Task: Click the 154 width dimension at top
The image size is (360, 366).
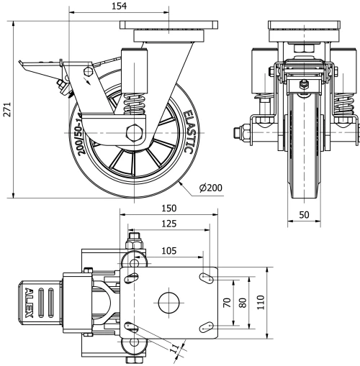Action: click(120, 6)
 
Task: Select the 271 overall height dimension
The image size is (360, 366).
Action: click(6, 108)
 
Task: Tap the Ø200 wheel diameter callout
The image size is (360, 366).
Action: click(211, 188)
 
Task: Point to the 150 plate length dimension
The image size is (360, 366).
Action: click(169, 208)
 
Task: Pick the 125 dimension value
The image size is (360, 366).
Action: click(169, 224)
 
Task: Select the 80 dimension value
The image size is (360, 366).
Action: click(243, 303)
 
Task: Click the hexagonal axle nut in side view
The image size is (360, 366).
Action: click(135, 133)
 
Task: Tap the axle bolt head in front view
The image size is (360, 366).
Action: click(239, 132)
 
